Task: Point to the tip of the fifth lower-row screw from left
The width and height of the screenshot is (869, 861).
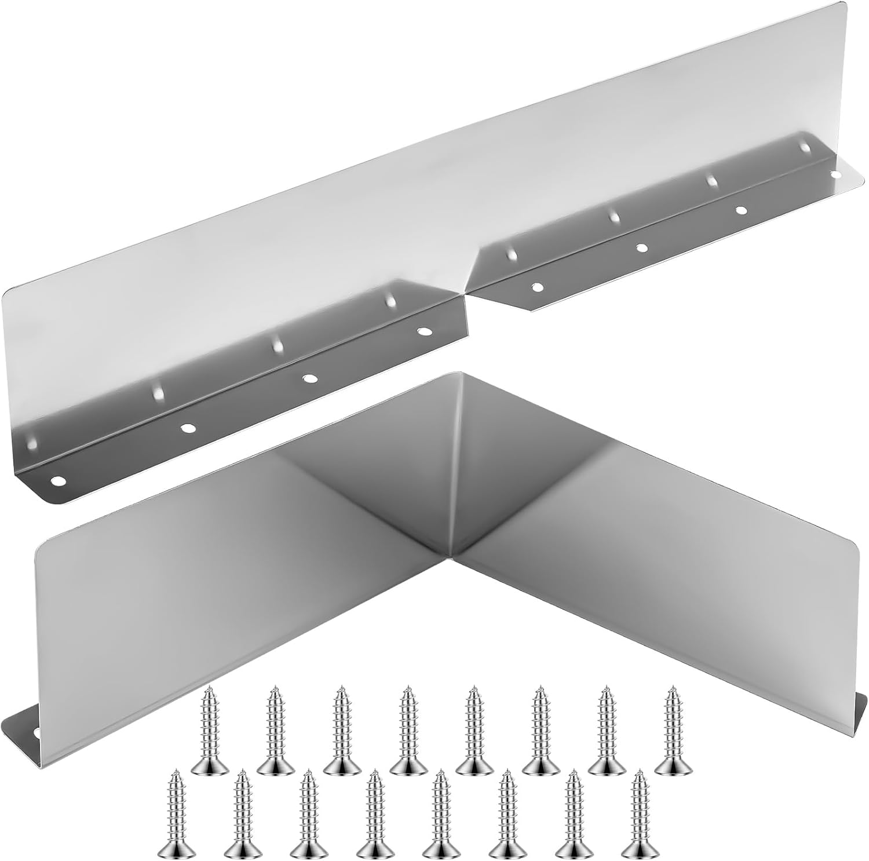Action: tap(441, 774)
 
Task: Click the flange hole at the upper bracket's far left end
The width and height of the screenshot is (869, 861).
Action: tap(58, 480)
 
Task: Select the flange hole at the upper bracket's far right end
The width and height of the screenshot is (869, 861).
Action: tap(835, 173)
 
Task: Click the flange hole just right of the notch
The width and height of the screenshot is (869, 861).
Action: tap(538, 287)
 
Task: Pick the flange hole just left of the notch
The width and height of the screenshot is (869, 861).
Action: tap(426, 332)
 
